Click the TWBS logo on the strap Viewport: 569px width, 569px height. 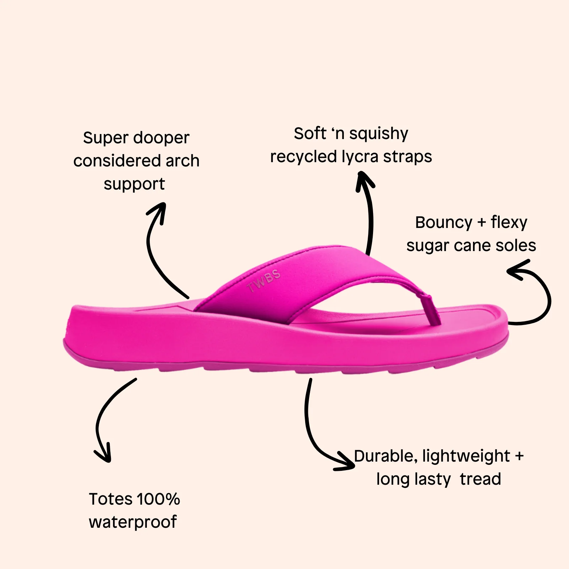coord(264,281)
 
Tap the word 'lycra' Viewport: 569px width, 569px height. coord(360,157)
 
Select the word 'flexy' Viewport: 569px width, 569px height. coord(509,223)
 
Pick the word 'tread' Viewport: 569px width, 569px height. coord(480,479)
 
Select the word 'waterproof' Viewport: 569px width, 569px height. coord(133,522)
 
